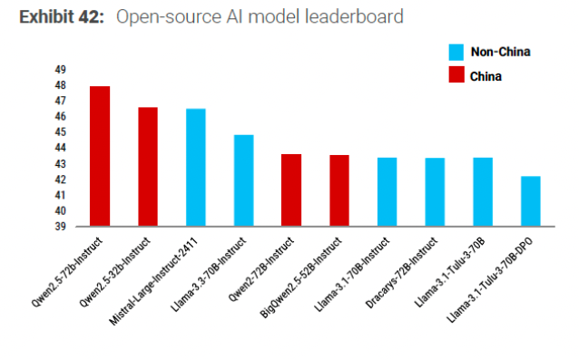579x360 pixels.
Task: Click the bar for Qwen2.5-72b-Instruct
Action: (x=100, y=156)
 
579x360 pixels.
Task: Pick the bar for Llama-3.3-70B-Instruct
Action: (x=244, y=180)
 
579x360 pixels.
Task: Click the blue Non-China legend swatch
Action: (x=456, y=52)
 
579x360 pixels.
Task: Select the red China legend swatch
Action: (x=456, y=76)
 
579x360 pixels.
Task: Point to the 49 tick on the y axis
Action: (x=60, y=70)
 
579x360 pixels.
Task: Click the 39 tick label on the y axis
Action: (x=60, y=227)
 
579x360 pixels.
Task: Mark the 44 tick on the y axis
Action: (x=60, y=148)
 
